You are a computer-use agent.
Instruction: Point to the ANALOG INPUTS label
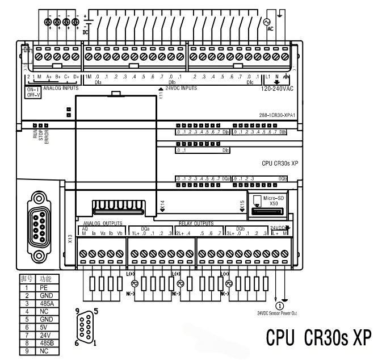coord(61,89)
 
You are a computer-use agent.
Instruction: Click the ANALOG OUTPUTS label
coord(103,223)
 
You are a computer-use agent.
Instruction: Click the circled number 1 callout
coord(279,304)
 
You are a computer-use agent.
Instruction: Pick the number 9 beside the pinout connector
coord(77,311)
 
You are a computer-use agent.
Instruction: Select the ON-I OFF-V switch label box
coord(33,92)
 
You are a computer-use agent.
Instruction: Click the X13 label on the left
coord(70,239)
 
